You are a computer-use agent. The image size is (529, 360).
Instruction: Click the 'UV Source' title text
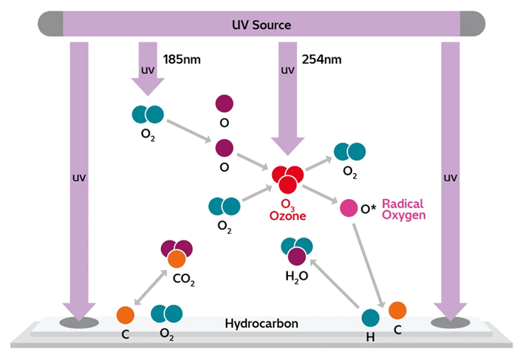[261, 25]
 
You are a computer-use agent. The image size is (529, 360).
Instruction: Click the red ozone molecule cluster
[287, 178]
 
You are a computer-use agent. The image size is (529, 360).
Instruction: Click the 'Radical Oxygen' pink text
[404, 209]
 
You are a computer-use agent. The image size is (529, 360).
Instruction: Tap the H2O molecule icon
[296, 250]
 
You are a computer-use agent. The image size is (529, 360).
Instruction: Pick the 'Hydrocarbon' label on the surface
[261, 324]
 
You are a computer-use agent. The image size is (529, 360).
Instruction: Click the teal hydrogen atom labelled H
[370, 318]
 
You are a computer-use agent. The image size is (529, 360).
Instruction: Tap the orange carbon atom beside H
[398, 309]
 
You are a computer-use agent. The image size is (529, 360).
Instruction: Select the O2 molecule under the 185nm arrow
[148, 114]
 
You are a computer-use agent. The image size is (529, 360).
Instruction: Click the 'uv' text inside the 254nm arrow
[287, 71]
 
